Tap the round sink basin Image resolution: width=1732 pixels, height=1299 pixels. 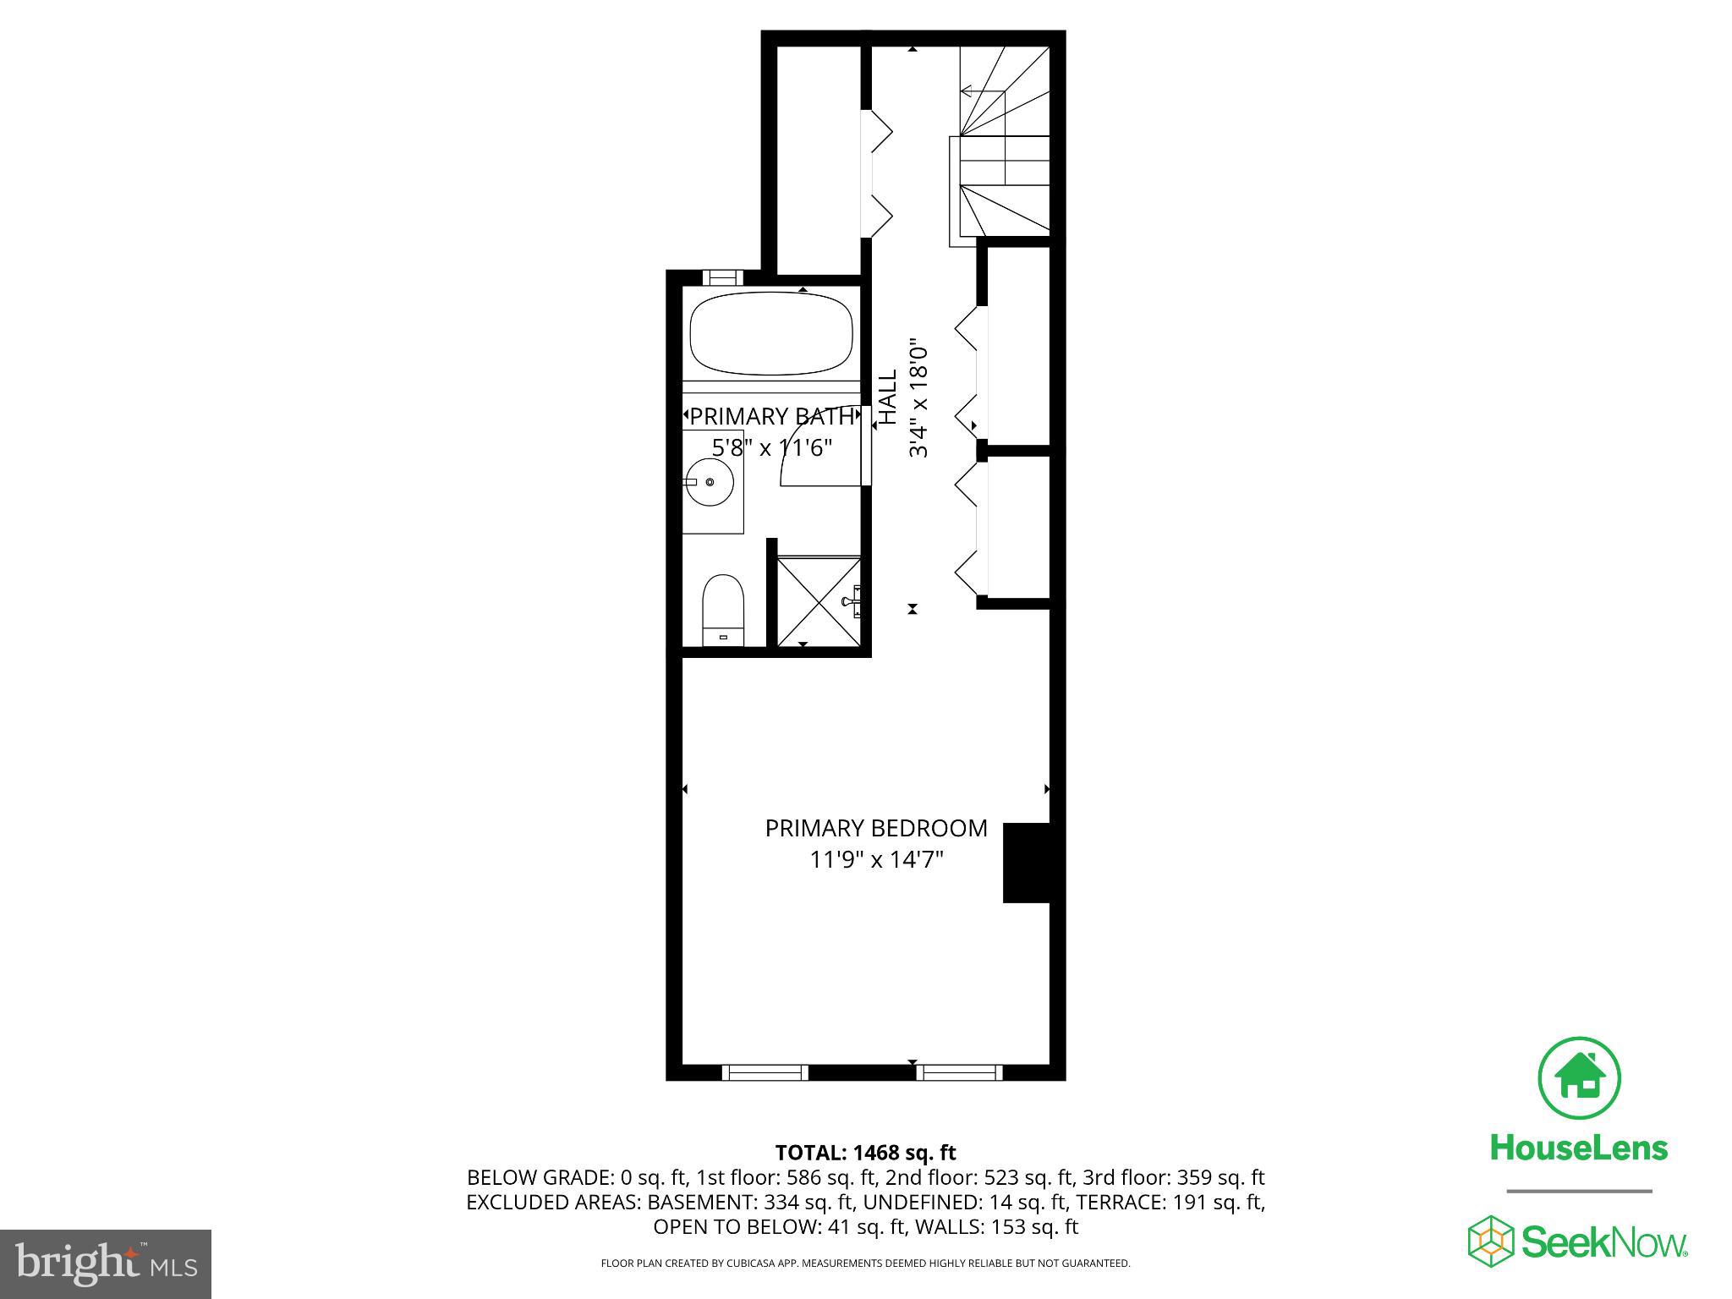coord(710,482)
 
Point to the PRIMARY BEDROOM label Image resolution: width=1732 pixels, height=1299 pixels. coord(876,829)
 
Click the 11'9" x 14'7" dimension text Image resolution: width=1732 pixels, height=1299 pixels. coord(876,860)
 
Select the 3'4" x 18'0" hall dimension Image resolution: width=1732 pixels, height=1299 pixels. coord(919,399)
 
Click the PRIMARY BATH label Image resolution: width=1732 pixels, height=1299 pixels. coord(771,416)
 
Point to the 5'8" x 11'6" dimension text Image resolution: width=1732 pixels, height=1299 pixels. coord(771,447)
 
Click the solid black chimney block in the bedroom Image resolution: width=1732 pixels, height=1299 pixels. coord(1027,863)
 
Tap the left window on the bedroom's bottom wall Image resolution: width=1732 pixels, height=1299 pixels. coord(765,1072)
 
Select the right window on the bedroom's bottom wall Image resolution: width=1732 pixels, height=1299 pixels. coord(958,1072)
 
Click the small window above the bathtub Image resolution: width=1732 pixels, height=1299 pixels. coord(722,277)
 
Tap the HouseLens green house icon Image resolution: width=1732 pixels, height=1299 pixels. coord(1578,1077)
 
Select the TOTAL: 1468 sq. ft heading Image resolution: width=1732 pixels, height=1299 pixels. coord(865,1152)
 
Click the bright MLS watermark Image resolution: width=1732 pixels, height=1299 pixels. coord(106,1263)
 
